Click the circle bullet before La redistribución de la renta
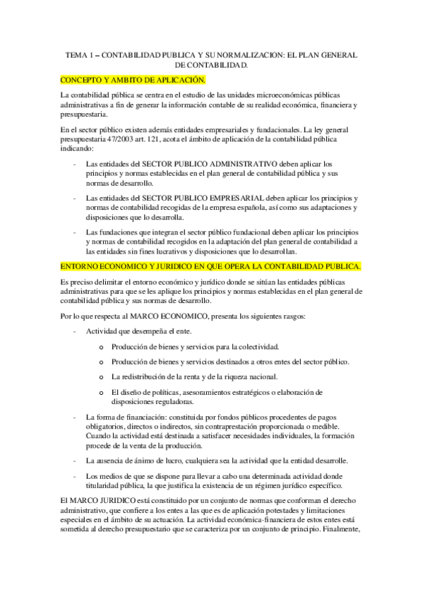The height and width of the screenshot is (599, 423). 102,376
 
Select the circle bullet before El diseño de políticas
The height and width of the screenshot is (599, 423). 102,392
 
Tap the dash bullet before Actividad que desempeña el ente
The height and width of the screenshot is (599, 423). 76,331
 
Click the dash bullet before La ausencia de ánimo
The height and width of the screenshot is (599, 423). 76,461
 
